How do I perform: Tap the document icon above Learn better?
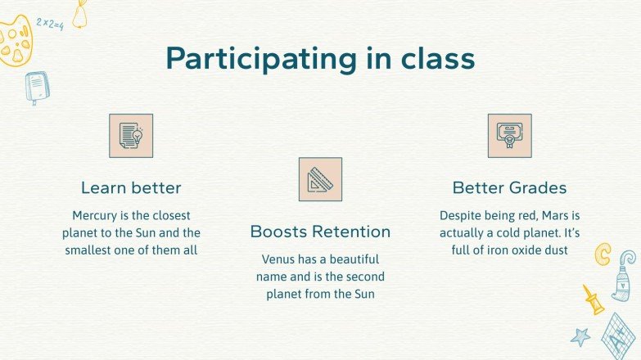131,135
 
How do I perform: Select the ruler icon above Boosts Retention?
320,179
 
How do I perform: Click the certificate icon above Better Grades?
510,135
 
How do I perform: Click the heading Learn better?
131,187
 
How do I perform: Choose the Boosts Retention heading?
320,232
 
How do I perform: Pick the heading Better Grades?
509,187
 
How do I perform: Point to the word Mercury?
96,215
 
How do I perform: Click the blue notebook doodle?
36,87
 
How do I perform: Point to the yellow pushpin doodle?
593,300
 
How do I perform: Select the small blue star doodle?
580,335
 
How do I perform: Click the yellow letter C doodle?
603,254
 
